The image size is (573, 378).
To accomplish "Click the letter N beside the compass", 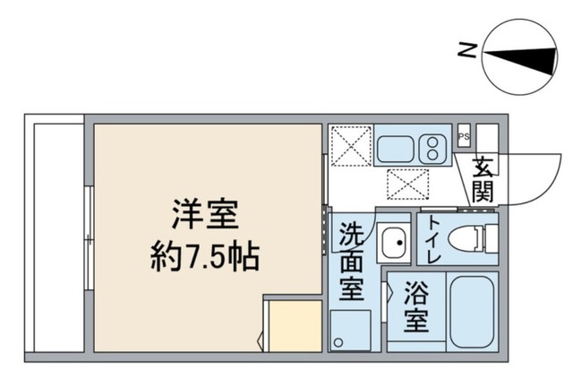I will tap(465, 51).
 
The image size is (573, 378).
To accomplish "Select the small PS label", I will tap(463, 136).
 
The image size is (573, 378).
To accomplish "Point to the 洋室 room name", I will tap(205, 218).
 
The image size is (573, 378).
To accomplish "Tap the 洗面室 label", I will tap(350, 265).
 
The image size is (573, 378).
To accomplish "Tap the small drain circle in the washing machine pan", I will tap(338, 342).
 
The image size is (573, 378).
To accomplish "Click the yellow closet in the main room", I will tap(292, 327).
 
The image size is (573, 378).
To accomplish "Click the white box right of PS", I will tap(487, 139).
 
